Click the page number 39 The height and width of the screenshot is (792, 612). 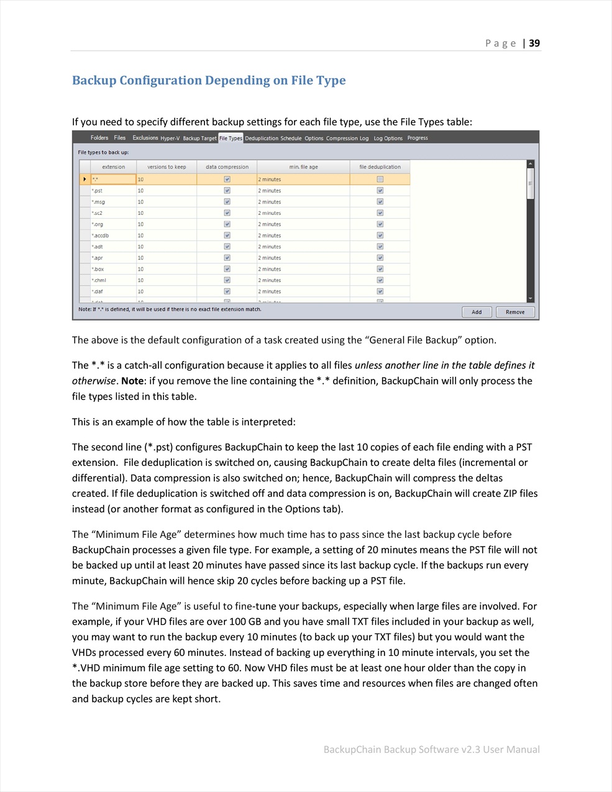click(x=534, y=43)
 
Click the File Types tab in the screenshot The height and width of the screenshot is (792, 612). click(x=231, y=138)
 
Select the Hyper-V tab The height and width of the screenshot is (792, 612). click(x=170, y=138)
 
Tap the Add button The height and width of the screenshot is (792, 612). click(x=477, y=312)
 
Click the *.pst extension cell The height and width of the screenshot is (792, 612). click(x=113, y=191)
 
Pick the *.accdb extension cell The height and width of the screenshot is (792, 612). click(x=113, y=235)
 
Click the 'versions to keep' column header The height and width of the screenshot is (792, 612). click(x=167, y=166)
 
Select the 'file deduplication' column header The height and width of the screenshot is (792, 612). click(x=380, y=166)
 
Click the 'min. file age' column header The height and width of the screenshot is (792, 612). click(x=303, y=166)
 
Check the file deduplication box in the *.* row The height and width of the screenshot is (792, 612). click(x=380, y=180)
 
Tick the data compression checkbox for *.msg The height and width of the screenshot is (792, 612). click(x=227, y=202)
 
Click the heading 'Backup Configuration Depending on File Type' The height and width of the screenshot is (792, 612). click(x=209, y=80)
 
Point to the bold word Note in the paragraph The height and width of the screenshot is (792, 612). click(x=132, y=381)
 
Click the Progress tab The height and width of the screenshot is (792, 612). click(x=418, y=138)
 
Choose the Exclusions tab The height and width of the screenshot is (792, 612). click(x=145, y=138)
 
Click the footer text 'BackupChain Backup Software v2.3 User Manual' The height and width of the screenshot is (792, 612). click(x=431, y=749)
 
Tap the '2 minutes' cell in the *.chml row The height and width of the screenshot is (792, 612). click(x=303, y=280)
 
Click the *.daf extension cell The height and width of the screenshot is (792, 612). click(x=113, y=291)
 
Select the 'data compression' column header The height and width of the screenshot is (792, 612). click(x=227, y=166)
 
